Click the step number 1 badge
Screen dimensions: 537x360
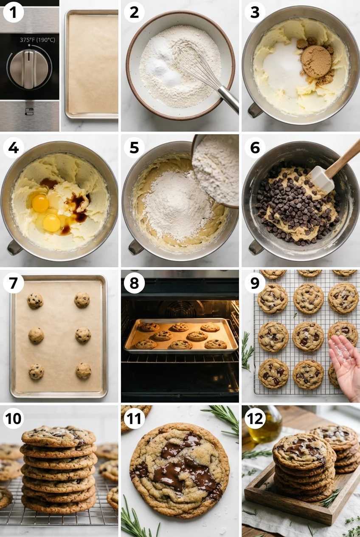tap(13, 13)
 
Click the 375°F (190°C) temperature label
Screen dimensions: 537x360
tap(37, 40)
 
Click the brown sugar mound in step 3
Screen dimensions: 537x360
tap(316, 62)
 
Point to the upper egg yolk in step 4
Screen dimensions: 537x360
tap(40, 203)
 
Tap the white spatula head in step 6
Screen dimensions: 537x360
tap(321, 178)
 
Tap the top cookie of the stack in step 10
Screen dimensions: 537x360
tap(59, 435)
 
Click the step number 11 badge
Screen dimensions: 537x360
tap(134, 418)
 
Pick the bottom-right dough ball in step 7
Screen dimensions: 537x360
tap(83, 370)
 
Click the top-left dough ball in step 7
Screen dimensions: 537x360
tap(35, 300)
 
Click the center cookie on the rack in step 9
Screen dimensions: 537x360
tap(308, 336)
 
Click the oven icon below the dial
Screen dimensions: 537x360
tap(29, 111)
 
